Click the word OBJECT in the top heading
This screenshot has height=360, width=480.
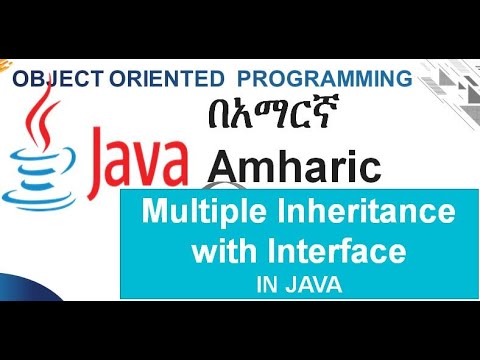pyautogui.click(x=51, y=78)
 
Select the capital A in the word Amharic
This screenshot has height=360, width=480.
pyautogui.click(x=225, y=164)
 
